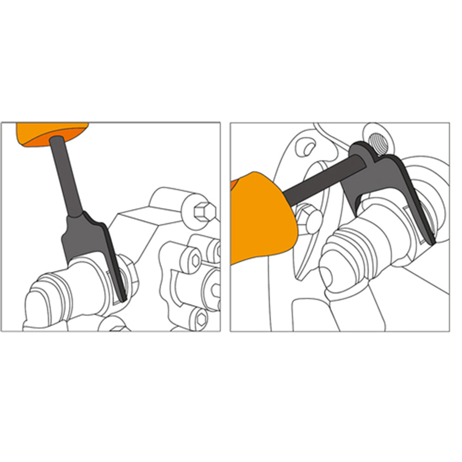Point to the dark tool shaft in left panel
pos(67,176)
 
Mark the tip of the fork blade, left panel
pos(122,298)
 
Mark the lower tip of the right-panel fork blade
pos(432,240)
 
